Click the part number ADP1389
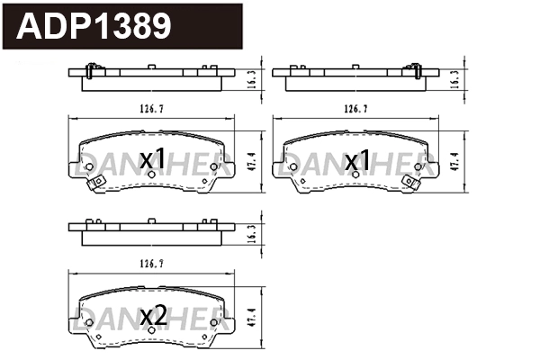[94, 26]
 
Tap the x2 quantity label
[154, 316]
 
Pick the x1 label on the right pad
[358, 160]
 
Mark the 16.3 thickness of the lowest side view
[251, 231]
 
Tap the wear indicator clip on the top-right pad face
[416, 183]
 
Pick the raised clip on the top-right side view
[415, 68]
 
